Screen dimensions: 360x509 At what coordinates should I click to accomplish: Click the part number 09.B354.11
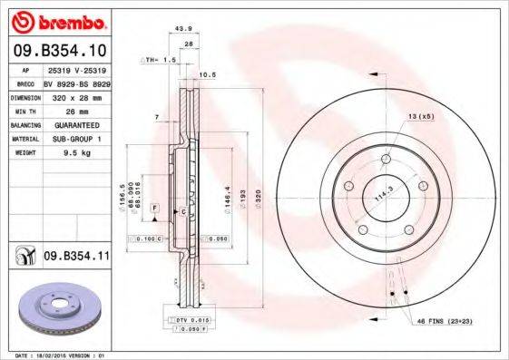75,258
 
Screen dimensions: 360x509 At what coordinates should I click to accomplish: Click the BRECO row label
24,82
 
